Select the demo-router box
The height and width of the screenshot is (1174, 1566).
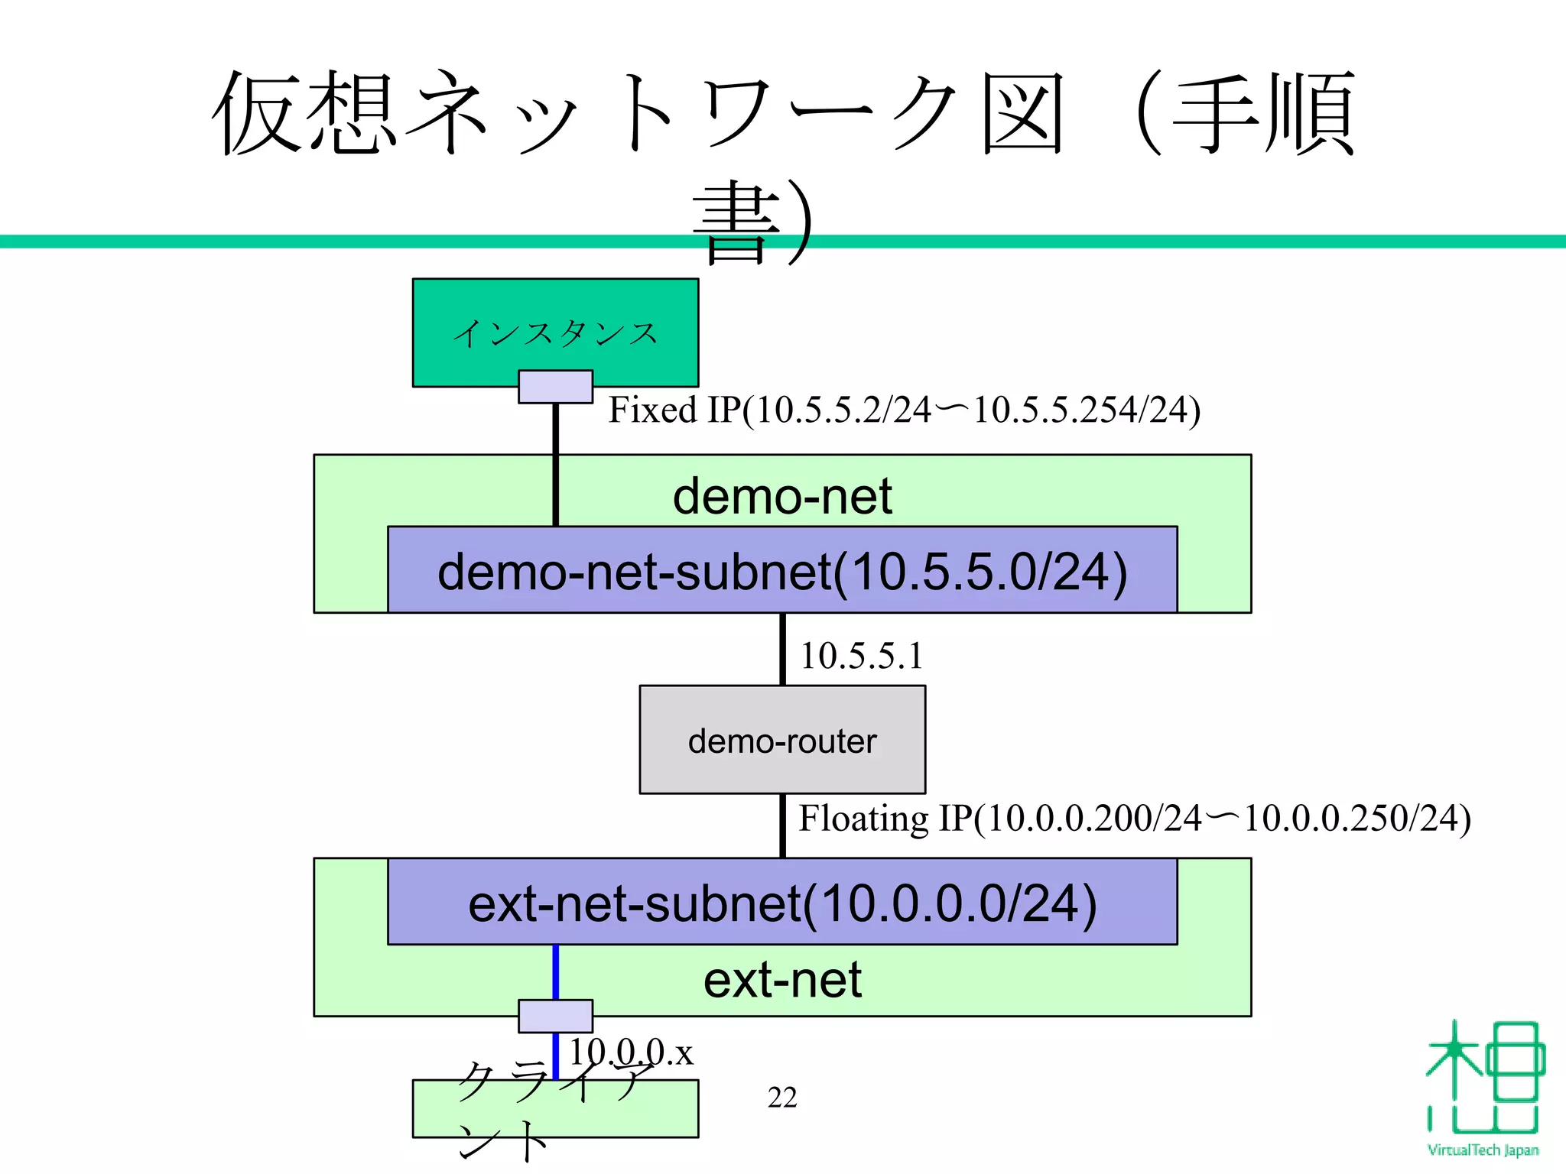click(x=782, y=740)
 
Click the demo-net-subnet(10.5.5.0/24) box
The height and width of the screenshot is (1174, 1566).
click(x=782, y=570)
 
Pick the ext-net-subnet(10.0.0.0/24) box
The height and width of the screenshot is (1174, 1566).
click(x=782, y=903)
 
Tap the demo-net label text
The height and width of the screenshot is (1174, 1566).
click(x=782, y=496)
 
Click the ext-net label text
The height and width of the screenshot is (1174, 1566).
click(x=782, y=981)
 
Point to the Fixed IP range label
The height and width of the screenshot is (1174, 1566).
click(x=904, y=410)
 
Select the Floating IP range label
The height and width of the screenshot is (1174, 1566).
click(x=1134, y=819)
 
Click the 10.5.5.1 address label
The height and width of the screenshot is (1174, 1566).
click(x=861, y=657)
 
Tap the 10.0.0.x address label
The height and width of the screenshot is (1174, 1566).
click(x=632, y=1053)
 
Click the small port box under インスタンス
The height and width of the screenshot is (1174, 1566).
click(x=555, y=387)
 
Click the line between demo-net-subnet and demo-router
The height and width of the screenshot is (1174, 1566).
click(x=782, y=649)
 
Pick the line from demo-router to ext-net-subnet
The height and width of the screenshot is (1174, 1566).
click(x=782, y=825)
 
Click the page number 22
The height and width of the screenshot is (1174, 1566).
click(x=782, y=1098)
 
